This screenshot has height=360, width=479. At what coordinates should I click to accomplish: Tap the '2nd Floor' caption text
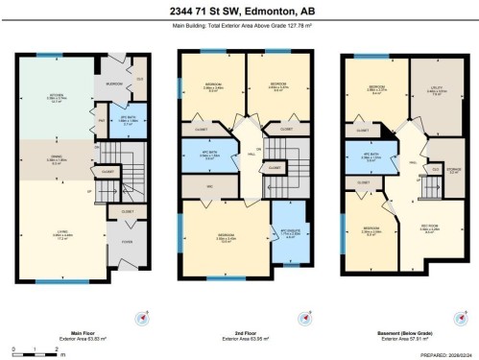point(240,333)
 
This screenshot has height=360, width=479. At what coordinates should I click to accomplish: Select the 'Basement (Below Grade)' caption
point(402,333)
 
